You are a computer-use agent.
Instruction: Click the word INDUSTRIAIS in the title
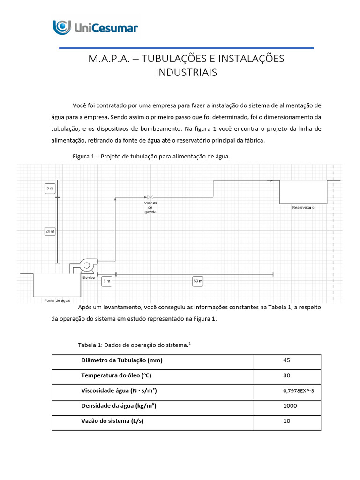[x=186, y=73]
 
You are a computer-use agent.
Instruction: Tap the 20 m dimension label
[x=50, y=231]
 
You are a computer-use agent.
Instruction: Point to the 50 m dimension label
[x=198, y=281]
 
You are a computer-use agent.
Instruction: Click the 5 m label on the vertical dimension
[x=50, y=188]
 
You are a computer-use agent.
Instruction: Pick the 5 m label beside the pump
[x=106, y=281]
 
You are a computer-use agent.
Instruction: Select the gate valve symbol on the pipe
[x=150, y=197]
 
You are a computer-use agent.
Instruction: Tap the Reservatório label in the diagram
[x=303, y=207]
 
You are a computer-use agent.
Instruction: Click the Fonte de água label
[x=57, y=300]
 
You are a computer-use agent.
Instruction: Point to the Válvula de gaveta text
[x=150, y=207]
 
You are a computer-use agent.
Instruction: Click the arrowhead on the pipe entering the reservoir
[x=271, y=180]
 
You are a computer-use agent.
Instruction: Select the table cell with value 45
[x=287, y=361]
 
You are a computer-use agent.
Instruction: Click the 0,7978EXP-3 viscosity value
[x=287, y=391]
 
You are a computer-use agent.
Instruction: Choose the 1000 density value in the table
[x=287, y=406]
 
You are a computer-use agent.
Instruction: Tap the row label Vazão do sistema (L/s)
[x=112, y=421]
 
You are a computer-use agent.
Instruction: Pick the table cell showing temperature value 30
[x=287, y=376]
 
